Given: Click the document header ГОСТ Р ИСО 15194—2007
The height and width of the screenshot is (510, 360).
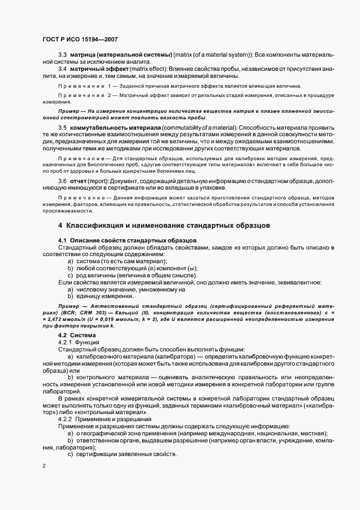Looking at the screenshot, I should click(80, 39).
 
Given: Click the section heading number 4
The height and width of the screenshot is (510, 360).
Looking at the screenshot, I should click(60, 225).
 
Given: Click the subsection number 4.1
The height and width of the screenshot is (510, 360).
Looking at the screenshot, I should click(62, 240).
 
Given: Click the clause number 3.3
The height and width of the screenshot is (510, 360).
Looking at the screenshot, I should click(62, 56).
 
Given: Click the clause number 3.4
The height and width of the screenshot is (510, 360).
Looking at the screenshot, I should click(62, 69).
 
